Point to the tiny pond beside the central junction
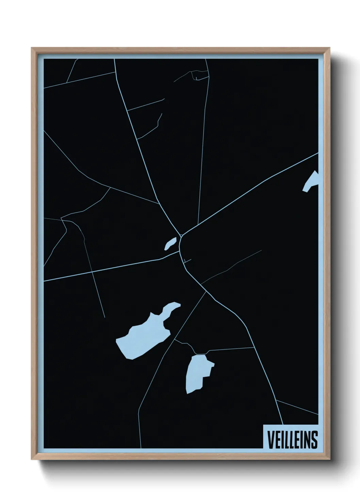point(170,243)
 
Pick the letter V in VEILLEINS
point(270,440)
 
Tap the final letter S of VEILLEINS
point(314,440)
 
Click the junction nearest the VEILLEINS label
point(277,400)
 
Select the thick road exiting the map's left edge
point(48,280)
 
